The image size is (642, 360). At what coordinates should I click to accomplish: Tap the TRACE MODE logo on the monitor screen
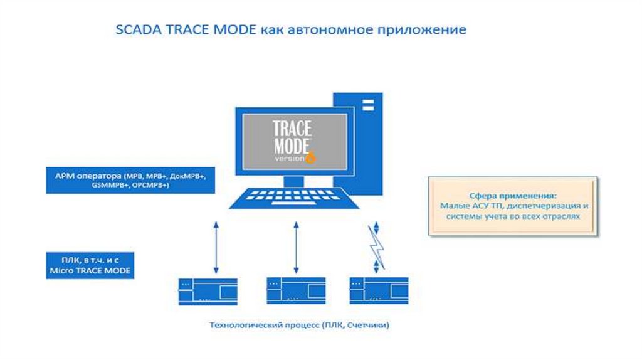[x=292, y=138]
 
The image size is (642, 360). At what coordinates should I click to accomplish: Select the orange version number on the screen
[x=311, y=158]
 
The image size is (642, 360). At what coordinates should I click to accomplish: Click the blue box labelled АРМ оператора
[x=130, y=180]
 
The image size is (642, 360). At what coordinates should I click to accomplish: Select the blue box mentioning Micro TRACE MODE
[x=90, y=265]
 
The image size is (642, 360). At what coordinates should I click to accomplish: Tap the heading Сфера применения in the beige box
[x=512, y=195]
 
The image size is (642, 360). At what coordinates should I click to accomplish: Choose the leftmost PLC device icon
[x=198, y=291]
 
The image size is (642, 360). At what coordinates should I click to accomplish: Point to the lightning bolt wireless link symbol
[x=377, y=247]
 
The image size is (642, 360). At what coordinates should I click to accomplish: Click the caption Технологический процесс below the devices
[x=263, y=326]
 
